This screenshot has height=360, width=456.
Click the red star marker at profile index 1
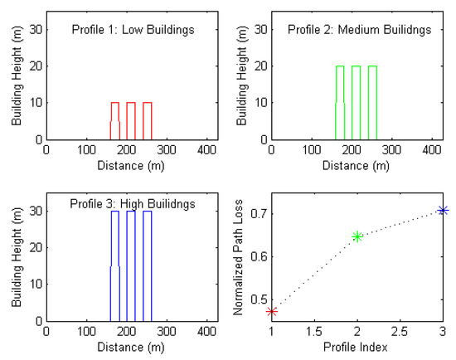[272, 311]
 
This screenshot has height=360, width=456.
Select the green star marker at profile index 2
[357, 236]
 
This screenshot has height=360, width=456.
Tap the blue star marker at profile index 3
[443, 211]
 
